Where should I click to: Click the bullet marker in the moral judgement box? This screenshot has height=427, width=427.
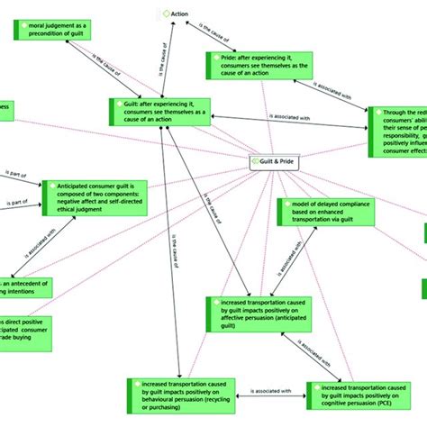21,27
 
